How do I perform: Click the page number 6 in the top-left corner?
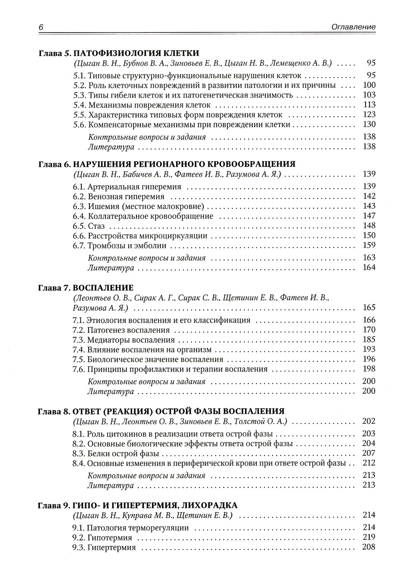click(41, 27)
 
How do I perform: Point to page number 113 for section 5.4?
click(369, 105)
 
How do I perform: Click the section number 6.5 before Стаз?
click(79, 226)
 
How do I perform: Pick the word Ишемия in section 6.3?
click(100, 206)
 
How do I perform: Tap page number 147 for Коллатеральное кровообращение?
click(369, 216)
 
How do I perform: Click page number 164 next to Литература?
click(369, 267)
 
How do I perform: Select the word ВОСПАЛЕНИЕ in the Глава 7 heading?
click(103, 287)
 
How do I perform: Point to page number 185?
click(369, 340)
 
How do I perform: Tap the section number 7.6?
click(79, 369)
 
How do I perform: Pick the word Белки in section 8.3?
click(97, 453)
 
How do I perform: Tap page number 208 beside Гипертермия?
click(369, 547)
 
